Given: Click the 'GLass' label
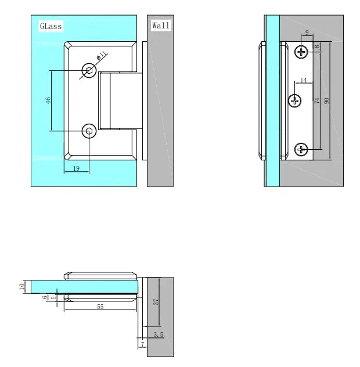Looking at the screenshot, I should [51, 26].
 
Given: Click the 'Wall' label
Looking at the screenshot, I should [161, 26].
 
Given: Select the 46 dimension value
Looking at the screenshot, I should [49, 100].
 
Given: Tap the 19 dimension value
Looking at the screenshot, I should [77, 168].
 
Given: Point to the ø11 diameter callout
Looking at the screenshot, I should [100, 56].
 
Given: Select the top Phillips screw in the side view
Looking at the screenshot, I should [301, 52].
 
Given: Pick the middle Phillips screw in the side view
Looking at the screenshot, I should [296, 101].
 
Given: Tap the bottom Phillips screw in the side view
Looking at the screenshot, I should [301, 150].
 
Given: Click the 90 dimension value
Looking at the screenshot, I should [327, 100].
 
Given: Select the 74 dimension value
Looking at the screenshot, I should [317, 100].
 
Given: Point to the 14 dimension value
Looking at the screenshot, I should [303, 80].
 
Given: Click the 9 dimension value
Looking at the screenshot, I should [307, 33].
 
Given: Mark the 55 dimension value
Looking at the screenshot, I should [100, 306].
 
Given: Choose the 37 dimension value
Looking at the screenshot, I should [156, 301].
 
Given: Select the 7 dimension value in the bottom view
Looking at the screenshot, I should [141, 345].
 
